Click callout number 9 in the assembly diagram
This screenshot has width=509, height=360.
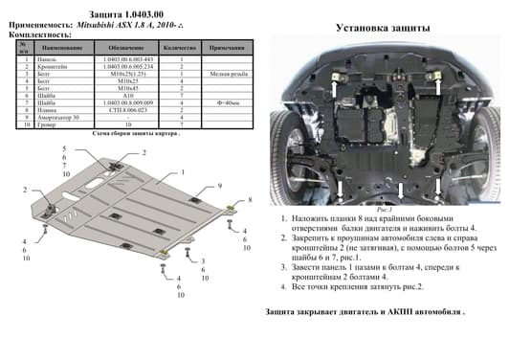tap(219, 185)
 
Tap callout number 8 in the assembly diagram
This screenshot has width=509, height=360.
tap(250, 199)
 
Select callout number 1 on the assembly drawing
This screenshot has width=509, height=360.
tap(182, 172)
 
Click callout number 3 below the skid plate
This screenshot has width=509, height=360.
tap(203, 259)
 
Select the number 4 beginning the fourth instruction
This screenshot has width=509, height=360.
tap(283, 286)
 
